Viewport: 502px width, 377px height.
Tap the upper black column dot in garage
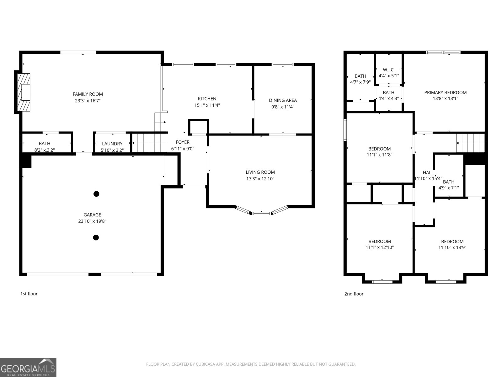[96, 194]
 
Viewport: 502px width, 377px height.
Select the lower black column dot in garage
[96, 238]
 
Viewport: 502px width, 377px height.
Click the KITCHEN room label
[207, 99]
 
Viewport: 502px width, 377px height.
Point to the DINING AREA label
[283, 100]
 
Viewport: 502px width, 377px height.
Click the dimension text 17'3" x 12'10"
[260, 179]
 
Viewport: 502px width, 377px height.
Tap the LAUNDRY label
[112, 144]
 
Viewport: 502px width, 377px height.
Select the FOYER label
[183, 142]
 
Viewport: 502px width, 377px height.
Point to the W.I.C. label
[388, 70]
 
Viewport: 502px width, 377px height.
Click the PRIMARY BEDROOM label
[445, 92]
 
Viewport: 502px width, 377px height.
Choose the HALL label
[428, 172]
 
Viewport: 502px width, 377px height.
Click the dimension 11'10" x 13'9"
[452, 248]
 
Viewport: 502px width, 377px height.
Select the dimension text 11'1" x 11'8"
[379, 155]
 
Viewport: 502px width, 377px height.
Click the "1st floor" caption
[29, 294]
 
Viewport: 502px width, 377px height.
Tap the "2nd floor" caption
[354, 294]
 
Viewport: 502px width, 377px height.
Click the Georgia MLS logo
[28, 368]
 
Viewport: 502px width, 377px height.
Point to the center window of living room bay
[261, 214]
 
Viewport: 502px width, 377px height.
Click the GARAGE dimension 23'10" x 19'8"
[92, 221]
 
